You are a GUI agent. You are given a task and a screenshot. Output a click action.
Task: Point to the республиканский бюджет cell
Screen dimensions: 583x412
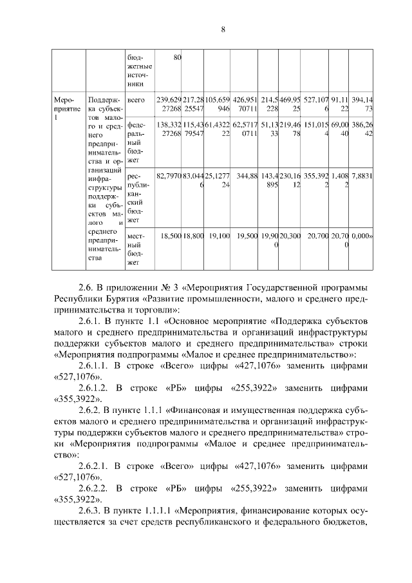pyautogui.click(x=139, y=197)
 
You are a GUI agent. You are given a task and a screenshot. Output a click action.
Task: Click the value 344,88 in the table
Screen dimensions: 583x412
pyautogui.click(x=247, y=175)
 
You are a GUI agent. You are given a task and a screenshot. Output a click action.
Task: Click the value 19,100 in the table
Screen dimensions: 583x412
pyautogui.click(x=220, y=236)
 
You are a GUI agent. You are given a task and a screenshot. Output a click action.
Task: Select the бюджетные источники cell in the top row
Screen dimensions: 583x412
pyautogui.click(x=140, y=71)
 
